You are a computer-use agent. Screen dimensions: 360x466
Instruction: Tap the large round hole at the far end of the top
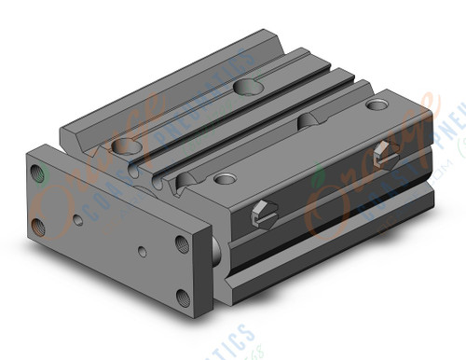[x=246, y=87]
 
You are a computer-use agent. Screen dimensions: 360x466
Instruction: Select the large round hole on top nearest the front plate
[x=123, y=145]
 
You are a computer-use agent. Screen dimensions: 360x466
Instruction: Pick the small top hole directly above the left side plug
[x=225, y=177]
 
